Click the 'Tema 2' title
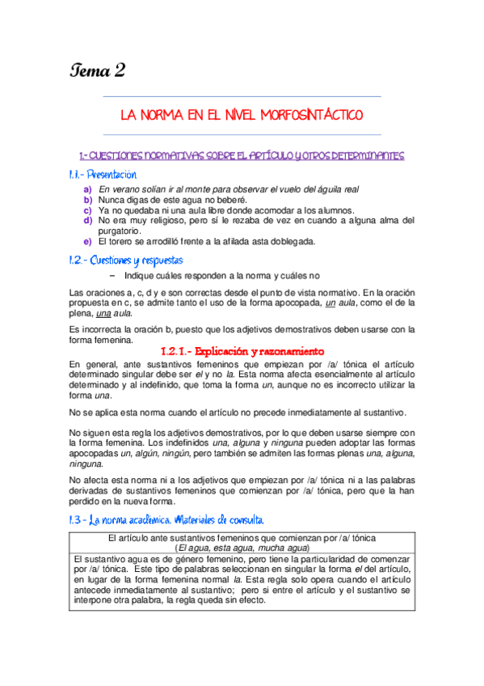coord(96,70)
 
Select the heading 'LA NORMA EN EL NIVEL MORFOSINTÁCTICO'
coord(242,116)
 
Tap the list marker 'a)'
coord(88,189)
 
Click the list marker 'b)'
coord(88,199)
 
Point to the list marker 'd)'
coord(88,220)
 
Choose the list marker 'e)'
coord(88,241)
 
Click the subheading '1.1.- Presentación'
coord(103,174)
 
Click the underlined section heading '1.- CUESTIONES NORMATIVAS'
coord(242,155)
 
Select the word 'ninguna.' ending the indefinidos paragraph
coord(86,464)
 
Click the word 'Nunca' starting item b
coord(112,199)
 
